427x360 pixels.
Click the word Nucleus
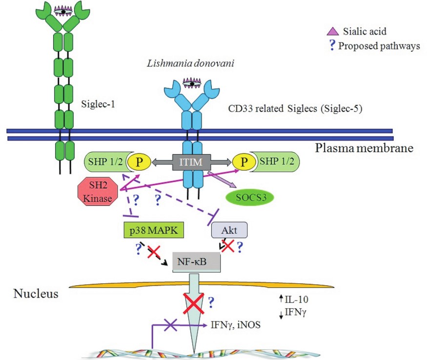pyautogui.click(x=36, y=294)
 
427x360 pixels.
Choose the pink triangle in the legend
pyautogui.click(x=332, y=32)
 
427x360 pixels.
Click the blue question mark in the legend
pyautogui.click(x=332, y=46)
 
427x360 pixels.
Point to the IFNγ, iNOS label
pyautogui.click(x=234, y=323)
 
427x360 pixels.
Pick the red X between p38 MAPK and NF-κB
pyautogui.click(x=155, y=252)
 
